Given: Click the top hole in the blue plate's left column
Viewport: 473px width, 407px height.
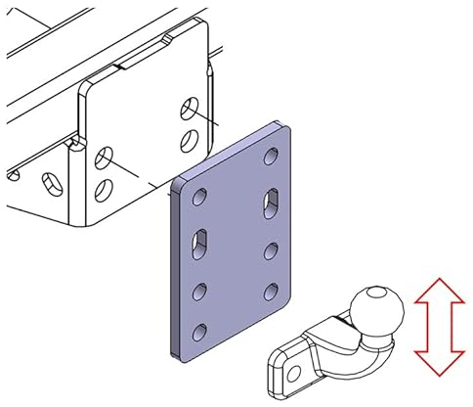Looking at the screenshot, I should tap(200, 198).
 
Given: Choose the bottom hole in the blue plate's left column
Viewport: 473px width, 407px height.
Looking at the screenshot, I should tap(201, 330).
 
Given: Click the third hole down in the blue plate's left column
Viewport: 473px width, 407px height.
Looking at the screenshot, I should tap(201, 290).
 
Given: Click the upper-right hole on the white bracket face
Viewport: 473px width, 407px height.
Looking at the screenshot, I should tap(189, 104).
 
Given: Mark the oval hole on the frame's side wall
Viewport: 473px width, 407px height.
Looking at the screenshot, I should tap(46, 182).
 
